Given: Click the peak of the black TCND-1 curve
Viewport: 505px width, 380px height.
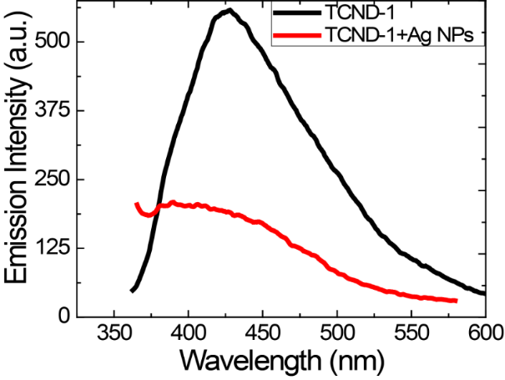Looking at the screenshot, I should coord(228,11).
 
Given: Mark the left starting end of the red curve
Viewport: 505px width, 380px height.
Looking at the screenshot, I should coord(137,204).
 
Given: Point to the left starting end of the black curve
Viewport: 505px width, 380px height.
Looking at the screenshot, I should coord(132,291).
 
